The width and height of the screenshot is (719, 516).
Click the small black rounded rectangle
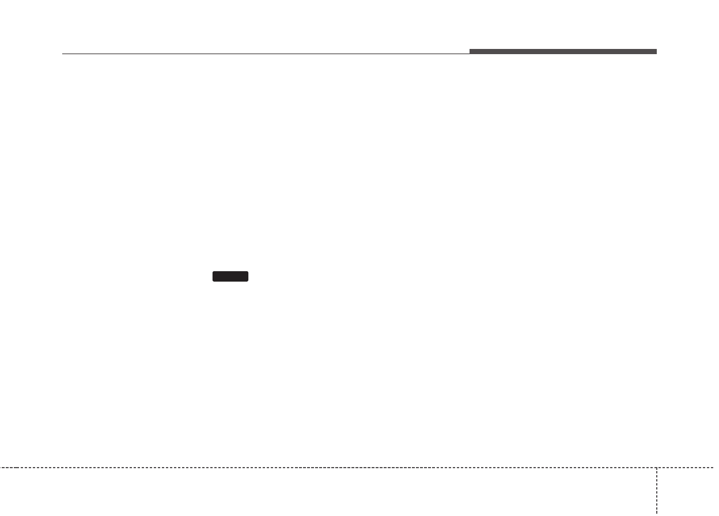230,276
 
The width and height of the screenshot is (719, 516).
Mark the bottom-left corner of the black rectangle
213,280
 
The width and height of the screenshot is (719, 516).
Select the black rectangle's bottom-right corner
248,280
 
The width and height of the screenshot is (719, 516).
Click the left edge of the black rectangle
213,276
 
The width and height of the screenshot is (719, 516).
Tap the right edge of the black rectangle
248,276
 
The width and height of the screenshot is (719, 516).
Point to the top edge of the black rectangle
230,271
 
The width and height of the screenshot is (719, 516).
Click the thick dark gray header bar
563,52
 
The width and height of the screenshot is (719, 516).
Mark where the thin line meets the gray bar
470,54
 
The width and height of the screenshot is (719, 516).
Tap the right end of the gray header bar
656,52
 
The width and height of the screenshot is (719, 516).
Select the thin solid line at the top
265,54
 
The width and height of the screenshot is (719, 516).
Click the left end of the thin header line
62,54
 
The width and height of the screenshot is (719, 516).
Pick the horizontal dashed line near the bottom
328,467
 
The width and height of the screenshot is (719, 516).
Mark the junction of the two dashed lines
656,467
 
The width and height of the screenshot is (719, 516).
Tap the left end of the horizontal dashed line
1,467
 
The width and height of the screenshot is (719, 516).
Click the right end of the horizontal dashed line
718,467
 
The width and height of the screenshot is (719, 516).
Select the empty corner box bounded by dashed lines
687,491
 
